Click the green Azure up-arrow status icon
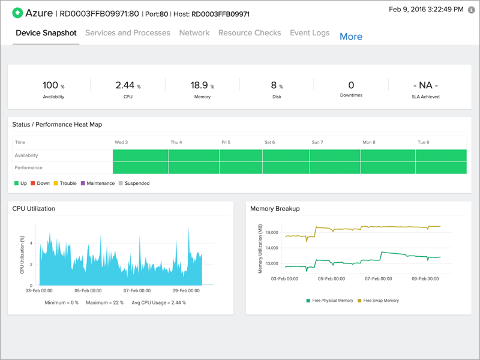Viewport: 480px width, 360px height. (19, 13)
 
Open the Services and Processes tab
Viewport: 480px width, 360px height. (128, 33)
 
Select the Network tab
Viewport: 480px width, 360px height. (194, 33)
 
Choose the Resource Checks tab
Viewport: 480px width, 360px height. (250, 33)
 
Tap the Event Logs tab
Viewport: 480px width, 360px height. (310, 33)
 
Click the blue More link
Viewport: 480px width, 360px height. (351, 37)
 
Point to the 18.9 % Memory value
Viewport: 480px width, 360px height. (202, 86)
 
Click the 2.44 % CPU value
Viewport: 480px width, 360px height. (128, 86)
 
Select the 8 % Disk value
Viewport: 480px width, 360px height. (277, 86)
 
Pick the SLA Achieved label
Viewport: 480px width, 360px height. (425, 97)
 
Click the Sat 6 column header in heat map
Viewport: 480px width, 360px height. (270, 143)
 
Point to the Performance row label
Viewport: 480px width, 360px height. (29, 168)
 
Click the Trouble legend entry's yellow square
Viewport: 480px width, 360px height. (56, 184)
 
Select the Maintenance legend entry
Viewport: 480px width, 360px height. (98, 184)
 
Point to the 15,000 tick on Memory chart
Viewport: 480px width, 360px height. (272, 233)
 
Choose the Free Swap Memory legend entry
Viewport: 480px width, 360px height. (378, 301)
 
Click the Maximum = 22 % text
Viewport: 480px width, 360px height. (104, 302)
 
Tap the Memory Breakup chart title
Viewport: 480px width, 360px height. (275, 209)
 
